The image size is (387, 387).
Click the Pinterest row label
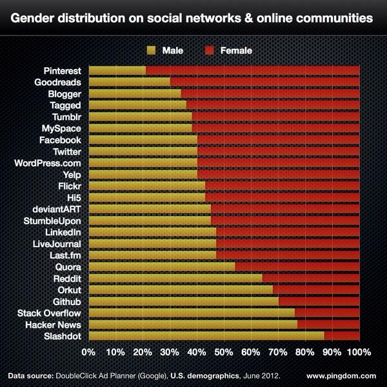(63, 70)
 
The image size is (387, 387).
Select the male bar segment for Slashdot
(206, 336)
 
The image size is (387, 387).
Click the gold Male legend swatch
(152, 50)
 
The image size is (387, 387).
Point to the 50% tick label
(224, 353)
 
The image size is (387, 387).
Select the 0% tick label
(88, 353)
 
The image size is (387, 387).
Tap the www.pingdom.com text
(341, 375)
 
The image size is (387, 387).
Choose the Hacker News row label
(55, 324)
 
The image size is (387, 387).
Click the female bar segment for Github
(319, 301)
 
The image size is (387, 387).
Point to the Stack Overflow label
(50, 313)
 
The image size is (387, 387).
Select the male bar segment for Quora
(162, 266)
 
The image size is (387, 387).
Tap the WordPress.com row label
(48, 163)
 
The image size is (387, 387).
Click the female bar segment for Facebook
(278, 140)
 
